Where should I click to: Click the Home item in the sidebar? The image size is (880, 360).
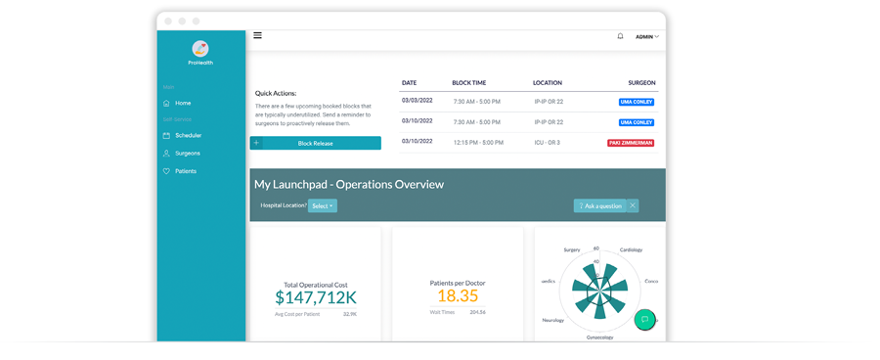coord(183,103)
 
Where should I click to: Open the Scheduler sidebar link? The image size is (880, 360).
coord(188,136)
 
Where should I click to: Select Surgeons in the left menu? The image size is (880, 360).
coord(187,154)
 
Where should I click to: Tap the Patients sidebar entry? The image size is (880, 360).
coord(185,171)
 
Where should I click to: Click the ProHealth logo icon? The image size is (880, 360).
coord(200,49)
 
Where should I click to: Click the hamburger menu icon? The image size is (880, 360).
coord(258,35)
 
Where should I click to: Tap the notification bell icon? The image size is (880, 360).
coord(620,36)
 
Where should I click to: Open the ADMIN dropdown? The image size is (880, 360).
coord(646,37)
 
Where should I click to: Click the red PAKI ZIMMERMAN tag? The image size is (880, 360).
coord(631,143)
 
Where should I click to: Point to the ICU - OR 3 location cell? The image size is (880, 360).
coord(548,142)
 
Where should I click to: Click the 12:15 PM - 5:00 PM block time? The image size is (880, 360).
coord(477,142)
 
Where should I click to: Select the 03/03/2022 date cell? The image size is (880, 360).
coord(417,101)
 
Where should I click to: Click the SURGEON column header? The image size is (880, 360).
coord(641,83)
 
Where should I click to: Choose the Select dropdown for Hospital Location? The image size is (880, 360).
coord(323,206)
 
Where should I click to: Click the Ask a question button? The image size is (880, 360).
coord(600,206)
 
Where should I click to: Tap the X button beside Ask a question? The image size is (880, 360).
coord(633,205)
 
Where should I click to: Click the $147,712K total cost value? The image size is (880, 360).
coord(315,297)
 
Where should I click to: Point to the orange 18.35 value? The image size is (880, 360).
coord(458,295)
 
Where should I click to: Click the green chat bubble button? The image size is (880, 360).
coord(644,320)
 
